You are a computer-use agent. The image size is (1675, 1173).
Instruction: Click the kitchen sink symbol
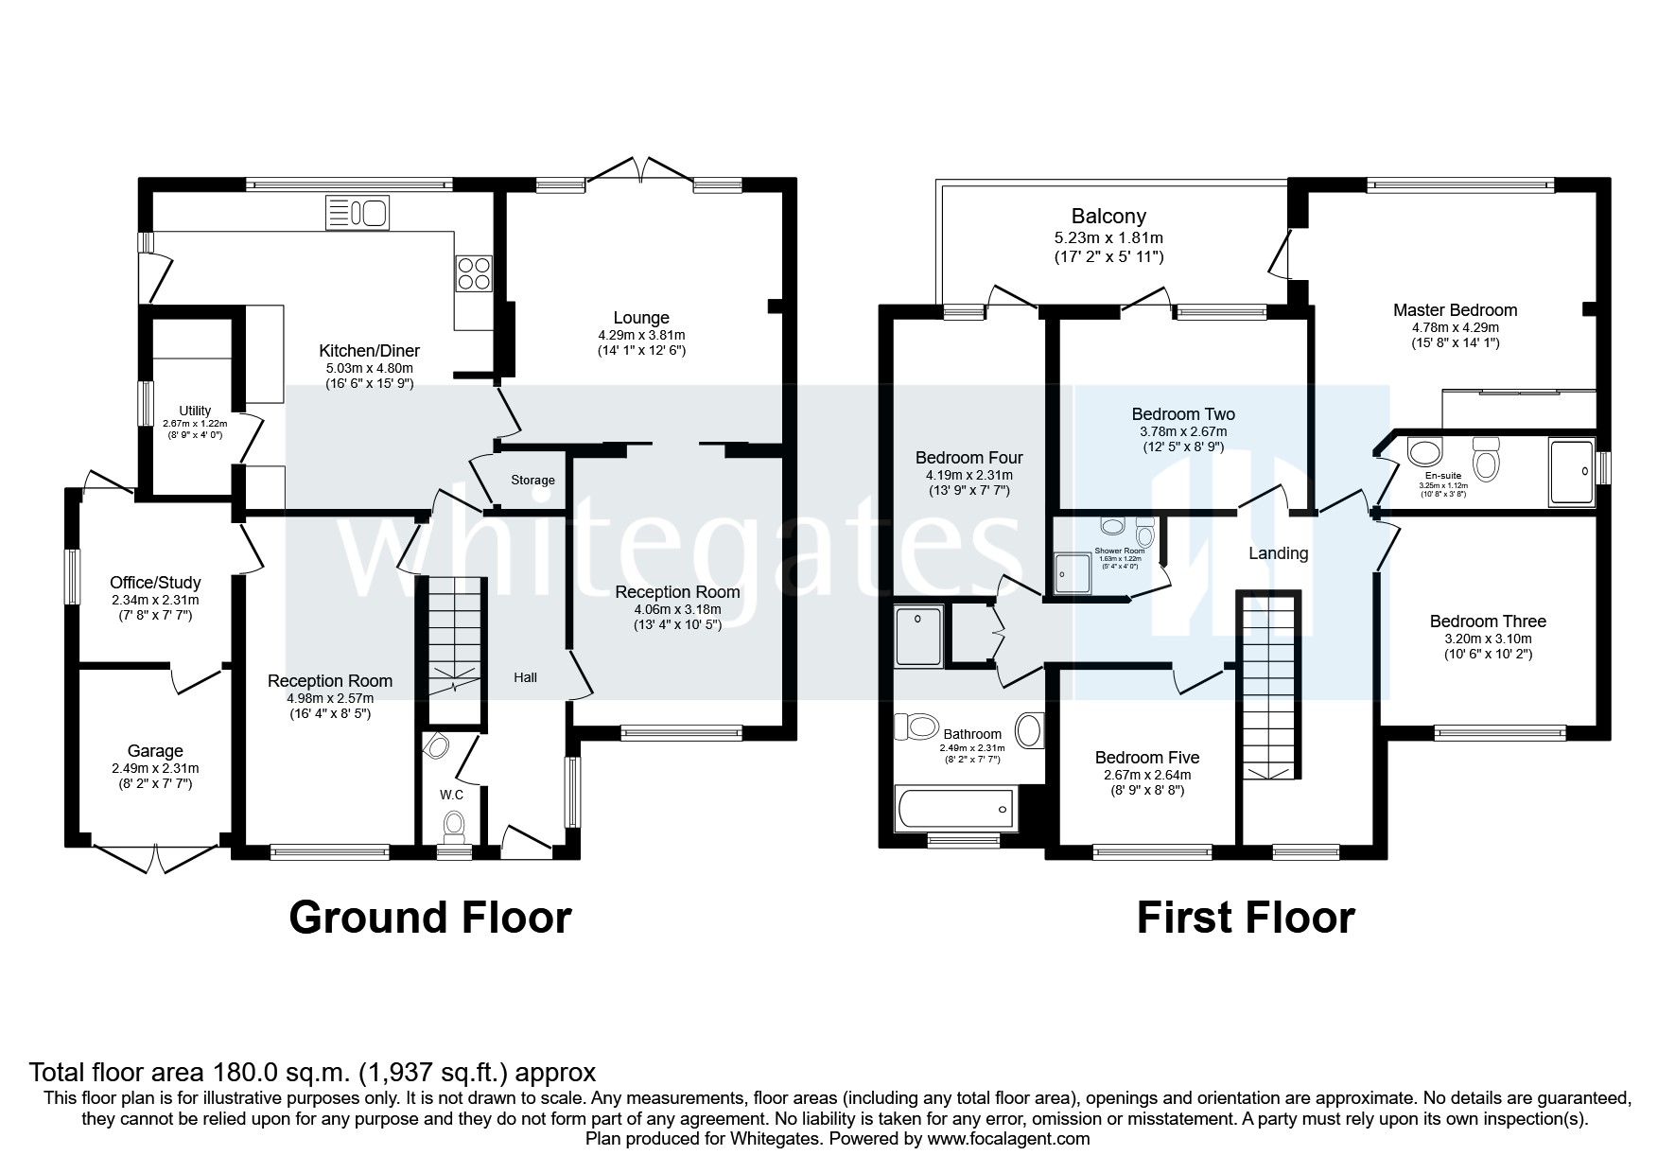(358, 213)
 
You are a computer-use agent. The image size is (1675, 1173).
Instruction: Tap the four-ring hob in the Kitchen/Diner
(474, 273)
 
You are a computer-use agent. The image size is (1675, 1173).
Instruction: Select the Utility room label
(196, 411)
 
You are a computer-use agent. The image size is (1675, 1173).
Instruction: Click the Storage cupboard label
(532, 481)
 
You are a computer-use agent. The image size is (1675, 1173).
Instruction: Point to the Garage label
(155, 751)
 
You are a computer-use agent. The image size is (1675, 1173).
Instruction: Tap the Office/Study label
(155, 583)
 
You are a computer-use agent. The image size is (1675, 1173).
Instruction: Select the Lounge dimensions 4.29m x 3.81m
(641, 335)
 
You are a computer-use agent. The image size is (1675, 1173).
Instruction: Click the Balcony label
(1108, 217)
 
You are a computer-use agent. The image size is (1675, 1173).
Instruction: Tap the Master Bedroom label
(1455, 310)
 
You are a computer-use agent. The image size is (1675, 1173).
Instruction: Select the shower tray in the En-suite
(1571, 469)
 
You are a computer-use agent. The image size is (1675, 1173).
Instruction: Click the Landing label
(1279, 553)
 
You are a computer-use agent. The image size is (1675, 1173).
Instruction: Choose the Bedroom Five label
(1146, 758)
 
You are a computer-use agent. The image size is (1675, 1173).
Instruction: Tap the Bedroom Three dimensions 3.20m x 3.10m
(1488, 639)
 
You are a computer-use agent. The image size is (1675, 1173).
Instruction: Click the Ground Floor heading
(429, 918)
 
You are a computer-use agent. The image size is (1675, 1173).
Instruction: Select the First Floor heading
(1245, 918)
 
